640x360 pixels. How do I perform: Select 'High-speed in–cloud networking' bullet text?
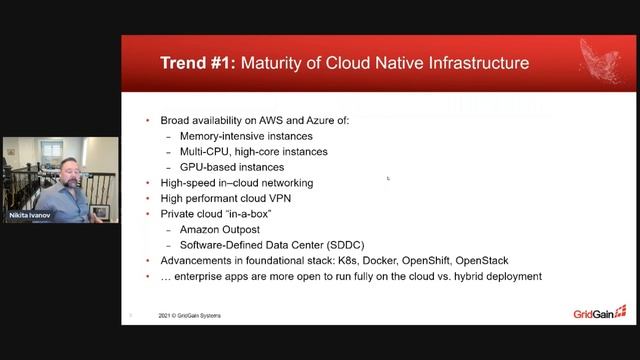pyautogui.click(x=236, y=183)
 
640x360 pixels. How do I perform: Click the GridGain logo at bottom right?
pyautogui.click(x=599, y=313)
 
